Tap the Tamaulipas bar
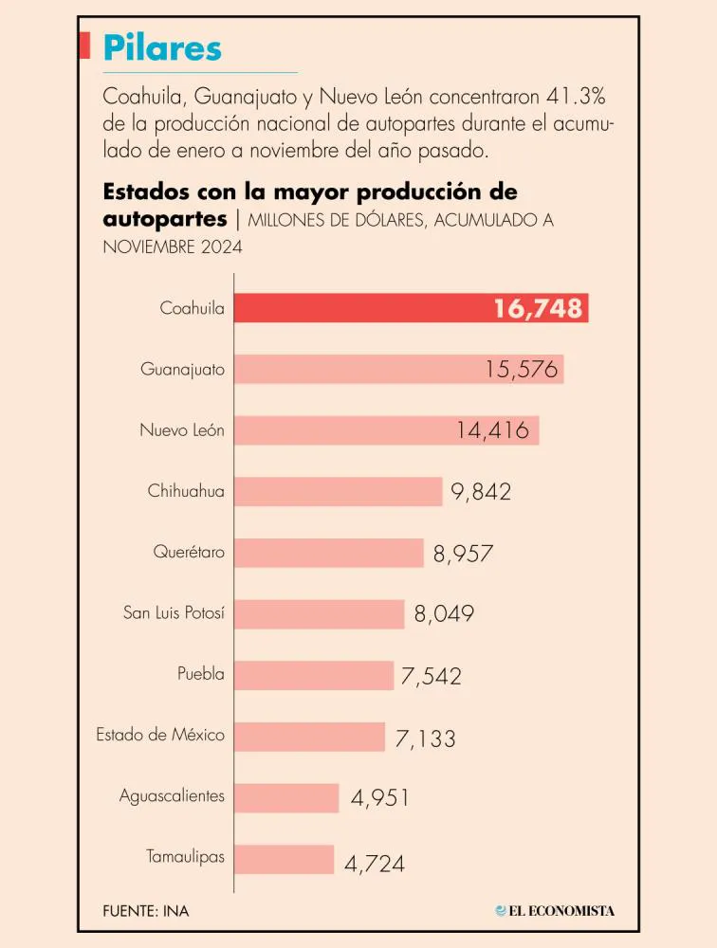284,859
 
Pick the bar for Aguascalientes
286,797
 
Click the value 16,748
538,308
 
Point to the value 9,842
481,491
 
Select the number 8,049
444,613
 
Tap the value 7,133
426,737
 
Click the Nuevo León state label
182,430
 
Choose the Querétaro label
189,552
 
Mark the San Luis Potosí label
175,613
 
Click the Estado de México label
160,735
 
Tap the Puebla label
201,674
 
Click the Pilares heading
162,46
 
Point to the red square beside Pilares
84,46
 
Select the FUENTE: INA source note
145,911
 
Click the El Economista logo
555,911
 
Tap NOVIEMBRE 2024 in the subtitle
172,246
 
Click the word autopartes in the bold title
164,218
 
